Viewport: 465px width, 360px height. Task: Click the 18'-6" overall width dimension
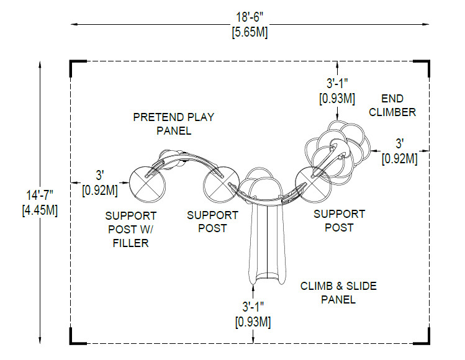(x=250, y=17)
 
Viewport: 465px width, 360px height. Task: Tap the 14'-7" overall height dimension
(x=40, y=196)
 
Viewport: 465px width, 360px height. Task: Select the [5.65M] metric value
(x=250, y=32)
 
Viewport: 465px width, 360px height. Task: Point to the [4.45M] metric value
(x=40, y=210)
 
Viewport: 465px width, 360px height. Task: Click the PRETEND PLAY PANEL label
(x=174, y=124)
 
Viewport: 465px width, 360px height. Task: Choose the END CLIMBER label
(x=392, y=106)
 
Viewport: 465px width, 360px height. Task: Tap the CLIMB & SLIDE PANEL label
(x=338, y=293)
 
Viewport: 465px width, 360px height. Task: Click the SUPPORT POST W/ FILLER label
(x=131, y=230)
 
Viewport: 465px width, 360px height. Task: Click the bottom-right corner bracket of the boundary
(x=428, y=343)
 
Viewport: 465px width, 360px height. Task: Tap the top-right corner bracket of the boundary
(x=428, y=61)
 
